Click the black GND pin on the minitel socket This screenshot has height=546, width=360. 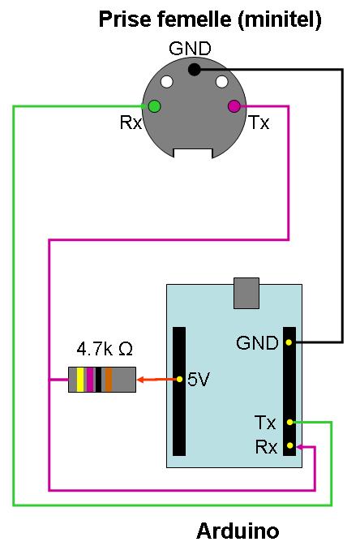tap(195, 69)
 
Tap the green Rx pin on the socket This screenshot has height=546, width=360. tap(154, 106)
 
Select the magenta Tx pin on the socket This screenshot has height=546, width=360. tap(234, 106)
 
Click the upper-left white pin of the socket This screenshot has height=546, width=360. tap(167, 82)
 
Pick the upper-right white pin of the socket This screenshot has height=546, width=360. tap(222, 82)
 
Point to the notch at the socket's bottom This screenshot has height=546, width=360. tap(193, 153)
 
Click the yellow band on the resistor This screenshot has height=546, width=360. tap(80, 380)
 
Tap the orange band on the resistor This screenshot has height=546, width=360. tap(109, 380)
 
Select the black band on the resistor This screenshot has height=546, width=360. tap(99, 380)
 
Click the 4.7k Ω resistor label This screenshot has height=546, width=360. tap(105, 349)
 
